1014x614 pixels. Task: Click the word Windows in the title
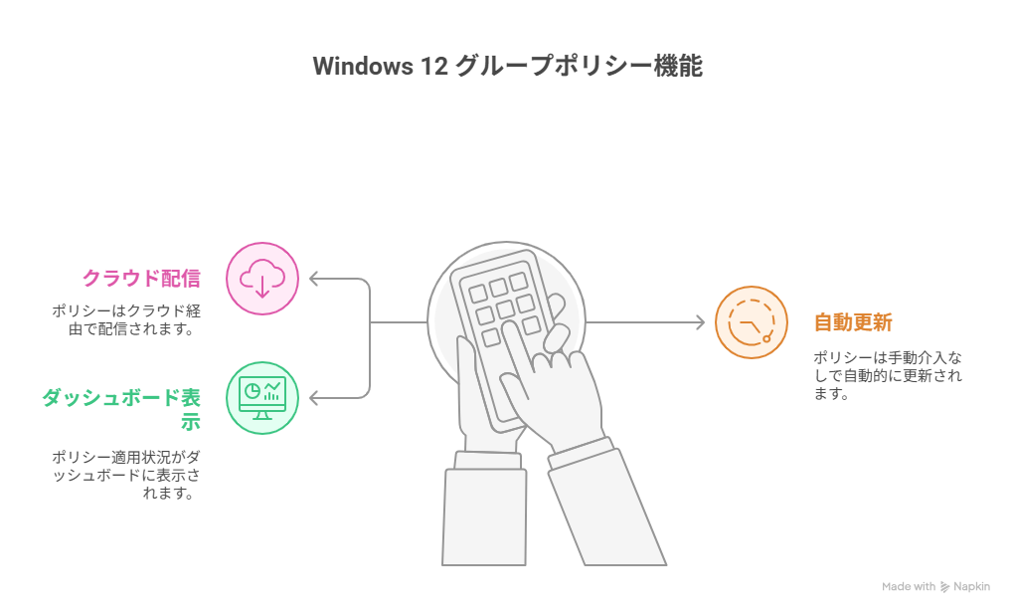363,66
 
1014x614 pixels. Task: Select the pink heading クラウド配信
141,278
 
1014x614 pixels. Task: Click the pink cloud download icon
261,279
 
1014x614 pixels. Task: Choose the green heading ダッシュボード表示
121,409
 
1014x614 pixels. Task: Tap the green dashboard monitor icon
261,398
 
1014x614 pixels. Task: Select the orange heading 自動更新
853,321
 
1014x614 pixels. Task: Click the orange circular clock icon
752,322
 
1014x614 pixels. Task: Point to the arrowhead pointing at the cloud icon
315,279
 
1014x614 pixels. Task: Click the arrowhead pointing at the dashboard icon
315,398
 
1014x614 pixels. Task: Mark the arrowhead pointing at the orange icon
699,321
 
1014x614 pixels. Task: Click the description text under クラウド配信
126,320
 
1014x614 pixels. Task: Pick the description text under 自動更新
887,375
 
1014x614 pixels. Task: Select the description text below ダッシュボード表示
126,475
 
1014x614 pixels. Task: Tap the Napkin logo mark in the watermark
944,587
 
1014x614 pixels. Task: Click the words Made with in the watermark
909,587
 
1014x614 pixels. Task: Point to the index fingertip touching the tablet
508,327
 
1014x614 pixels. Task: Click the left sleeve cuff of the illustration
487,461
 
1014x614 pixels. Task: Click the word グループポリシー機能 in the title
579,66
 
